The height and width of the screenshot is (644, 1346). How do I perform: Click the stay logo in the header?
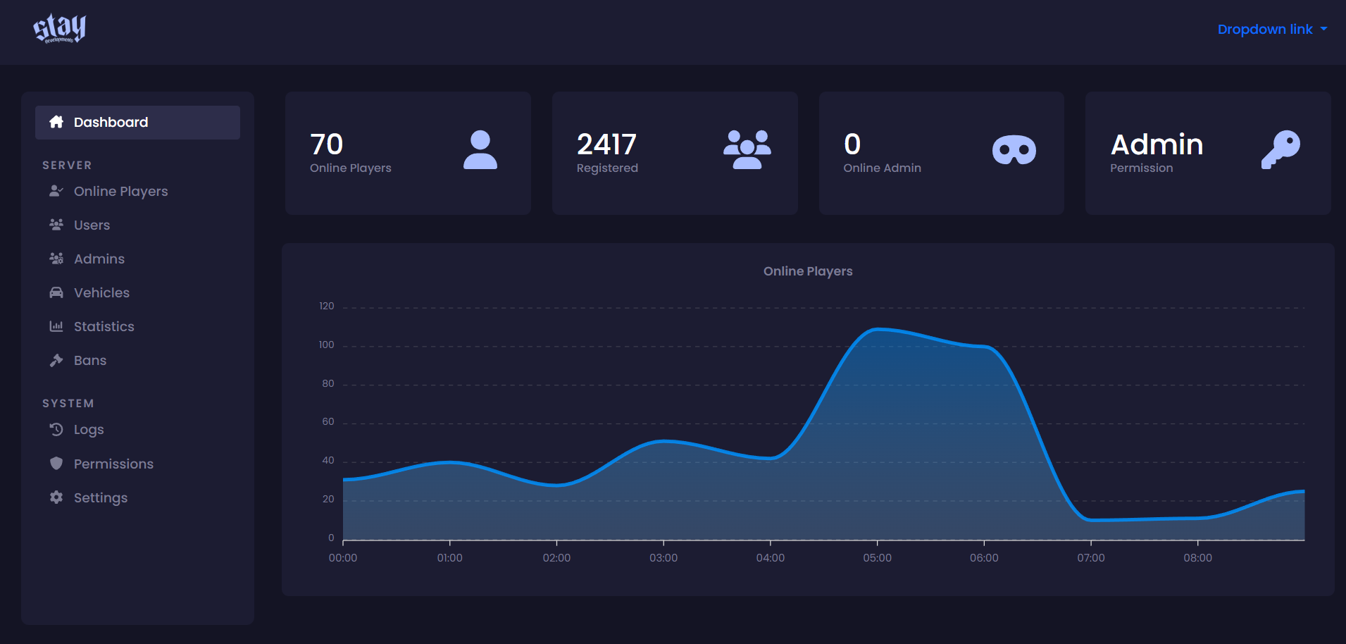(x=59, y=29)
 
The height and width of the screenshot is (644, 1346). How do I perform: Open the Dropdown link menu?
(x=1272, y=30)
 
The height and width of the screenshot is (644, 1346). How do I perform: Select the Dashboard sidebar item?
(x=137, y=123)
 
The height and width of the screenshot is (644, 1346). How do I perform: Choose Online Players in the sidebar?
(x=120, y=192)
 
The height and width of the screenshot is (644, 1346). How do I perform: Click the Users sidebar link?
(x=92, y=225)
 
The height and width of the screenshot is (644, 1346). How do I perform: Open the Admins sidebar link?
(x=99, y=259)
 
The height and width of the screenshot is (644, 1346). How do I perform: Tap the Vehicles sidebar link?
(x=101, y=293)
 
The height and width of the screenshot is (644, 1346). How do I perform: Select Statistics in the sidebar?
(x=104, y=327)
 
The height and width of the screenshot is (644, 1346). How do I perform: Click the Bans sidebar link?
(x=90, y=361)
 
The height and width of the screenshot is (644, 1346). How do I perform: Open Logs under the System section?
(x=89, y=430)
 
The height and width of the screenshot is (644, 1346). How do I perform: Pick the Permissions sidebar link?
(x=113, y=464)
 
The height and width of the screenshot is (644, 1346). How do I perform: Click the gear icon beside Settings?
(x=56, y=497)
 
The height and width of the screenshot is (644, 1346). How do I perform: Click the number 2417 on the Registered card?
(x=606, y=145)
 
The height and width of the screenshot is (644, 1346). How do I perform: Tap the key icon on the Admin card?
(x=1280, y=149)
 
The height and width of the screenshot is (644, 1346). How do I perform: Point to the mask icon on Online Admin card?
(x=1014, y=150)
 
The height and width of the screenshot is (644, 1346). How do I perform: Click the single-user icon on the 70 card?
(x=480, y=149)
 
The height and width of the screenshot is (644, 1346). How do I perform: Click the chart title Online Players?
(x=808, y=271)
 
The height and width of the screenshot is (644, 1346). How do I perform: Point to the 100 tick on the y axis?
(x=326, y=345)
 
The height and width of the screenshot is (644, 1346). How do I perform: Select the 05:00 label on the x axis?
(x=878, y=558)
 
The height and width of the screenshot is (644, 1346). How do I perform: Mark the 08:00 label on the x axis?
(x=1198, y=558)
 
